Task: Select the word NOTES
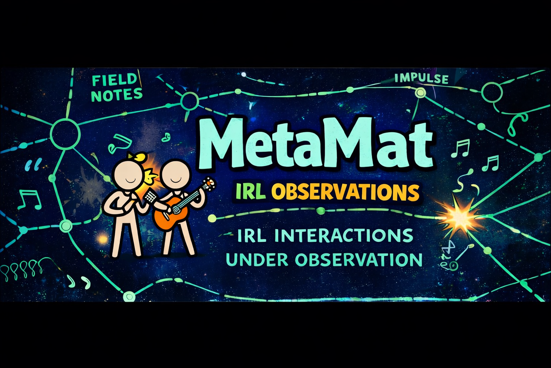[x=117, y=95]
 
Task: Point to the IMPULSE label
[x=422, y=79]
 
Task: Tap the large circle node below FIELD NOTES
[x=65, y=134]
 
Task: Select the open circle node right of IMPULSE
[x=492, y=92]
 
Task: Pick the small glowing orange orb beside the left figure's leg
[x=103, y=239]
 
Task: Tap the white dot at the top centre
[x=244, y=74]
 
